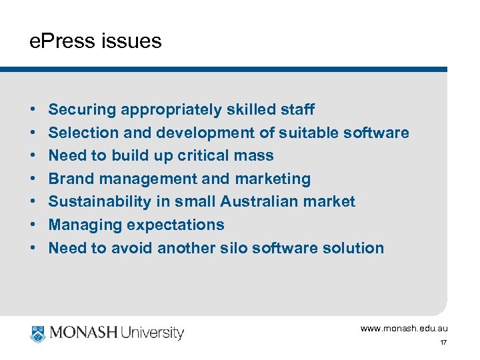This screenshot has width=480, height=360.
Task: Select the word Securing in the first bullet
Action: (x=83, y=109)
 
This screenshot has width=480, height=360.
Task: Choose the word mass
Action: (x=253, y=156)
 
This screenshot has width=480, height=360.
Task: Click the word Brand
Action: (x=70, y=179)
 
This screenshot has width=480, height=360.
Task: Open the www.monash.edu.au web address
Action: (x=404, y=329)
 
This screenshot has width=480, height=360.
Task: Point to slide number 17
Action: (x=443, y=343)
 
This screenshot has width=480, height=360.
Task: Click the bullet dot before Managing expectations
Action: (x=33, y=225)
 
